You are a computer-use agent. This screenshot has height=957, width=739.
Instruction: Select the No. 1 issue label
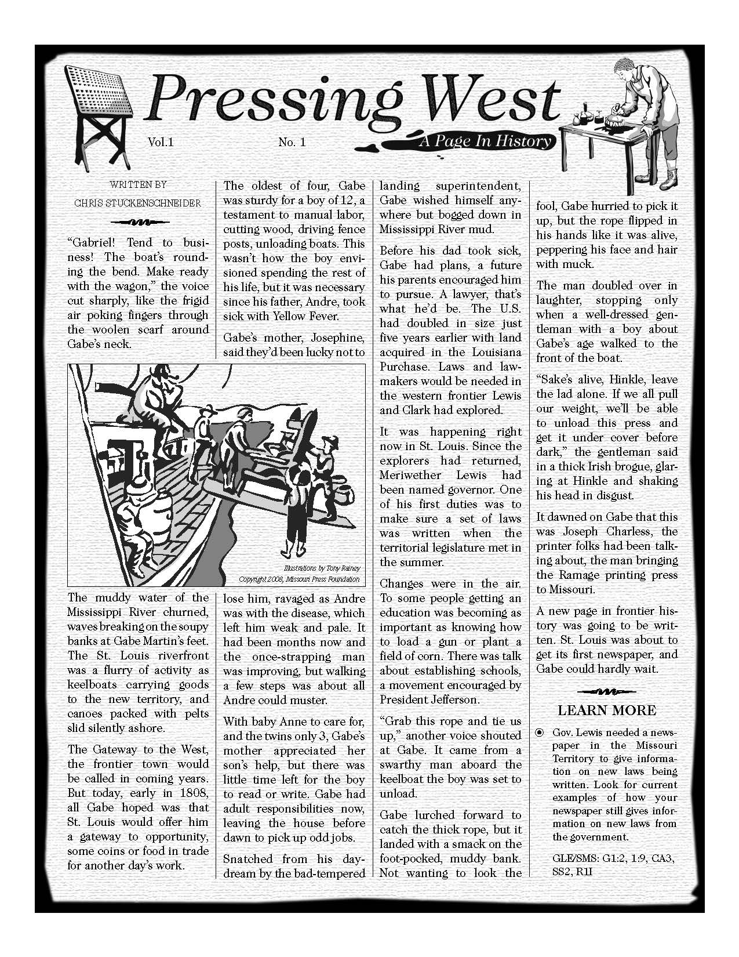tap(292, 142)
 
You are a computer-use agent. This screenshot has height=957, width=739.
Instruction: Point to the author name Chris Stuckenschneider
tap(138, 203)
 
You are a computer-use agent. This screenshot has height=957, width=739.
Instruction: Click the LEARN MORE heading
tap(607, 710)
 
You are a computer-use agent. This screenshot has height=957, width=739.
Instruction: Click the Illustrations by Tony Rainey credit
tap(322, 569)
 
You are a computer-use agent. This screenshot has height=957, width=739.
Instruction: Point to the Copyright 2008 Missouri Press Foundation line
tap(299, 579)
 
